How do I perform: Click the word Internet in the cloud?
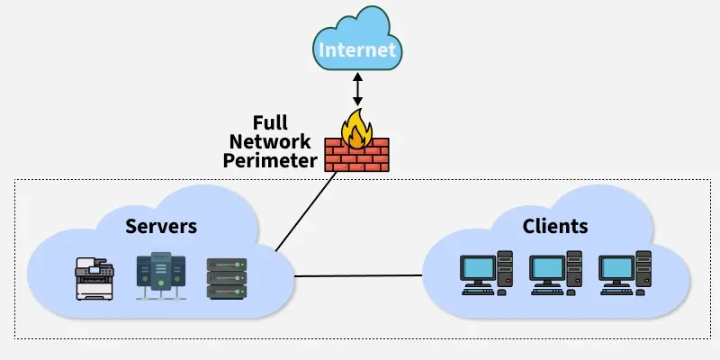coord(358,49)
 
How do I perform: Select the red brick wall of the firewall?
coord(356,157)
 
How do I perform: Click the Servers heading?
coord(161,225)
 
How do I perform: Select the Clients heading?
coord(555,225)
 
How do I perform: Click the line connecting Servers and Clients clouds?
coord(360,275)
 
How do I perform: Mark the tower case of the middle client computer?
coord(575,271)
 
